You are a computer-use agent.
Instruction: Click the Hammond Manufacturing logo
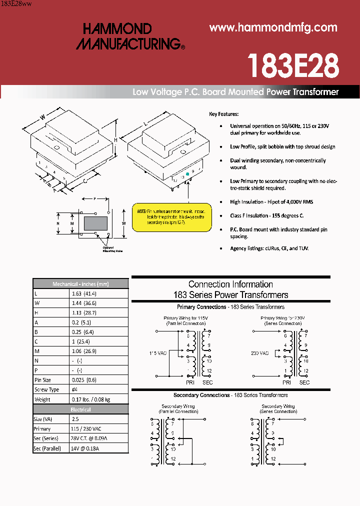pyautogui.click(x=130, y=36)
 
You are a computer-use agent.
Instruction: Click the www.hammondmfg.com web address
pyautogui.click(x=273, y=28)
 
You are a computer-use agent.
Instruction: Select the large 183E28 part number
pyautogui.click(x=293, y=65)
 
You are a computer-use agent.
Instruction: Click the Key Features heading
pyautogui.click(x=223, y=114)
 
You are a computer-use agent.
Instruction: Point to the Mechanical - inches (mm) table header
pyautogui.click(x=80, y=284)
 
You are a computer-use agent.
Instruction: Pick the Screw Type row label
pyautogui.click(x=46, y=389)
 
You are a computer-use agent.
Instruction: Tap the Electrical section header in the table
pyautogui.click(x=80, y=409)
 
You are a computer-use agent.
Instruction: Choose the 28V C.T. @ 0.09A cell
pyautogui.click(x=89, y=438)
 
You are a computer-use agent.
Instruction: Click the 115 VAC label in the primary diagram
pyautogui.click(x=157, y=353)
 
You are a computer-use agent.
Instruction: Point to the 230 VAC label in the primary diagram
pyautogui.click(x=259, y=353)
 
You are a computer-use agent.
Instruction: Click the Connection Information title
pyautogui.click(x=230, y=284)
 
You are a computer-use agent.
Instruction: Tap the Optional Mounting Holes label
pyautogui.click(x=112, y=249)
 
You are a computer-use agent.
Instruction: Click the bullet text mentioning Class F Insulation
pyautogui.click(x=266, y=215)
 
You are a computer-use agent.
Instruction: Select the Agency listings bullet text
pyautogui.click(x=269, y=248)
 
